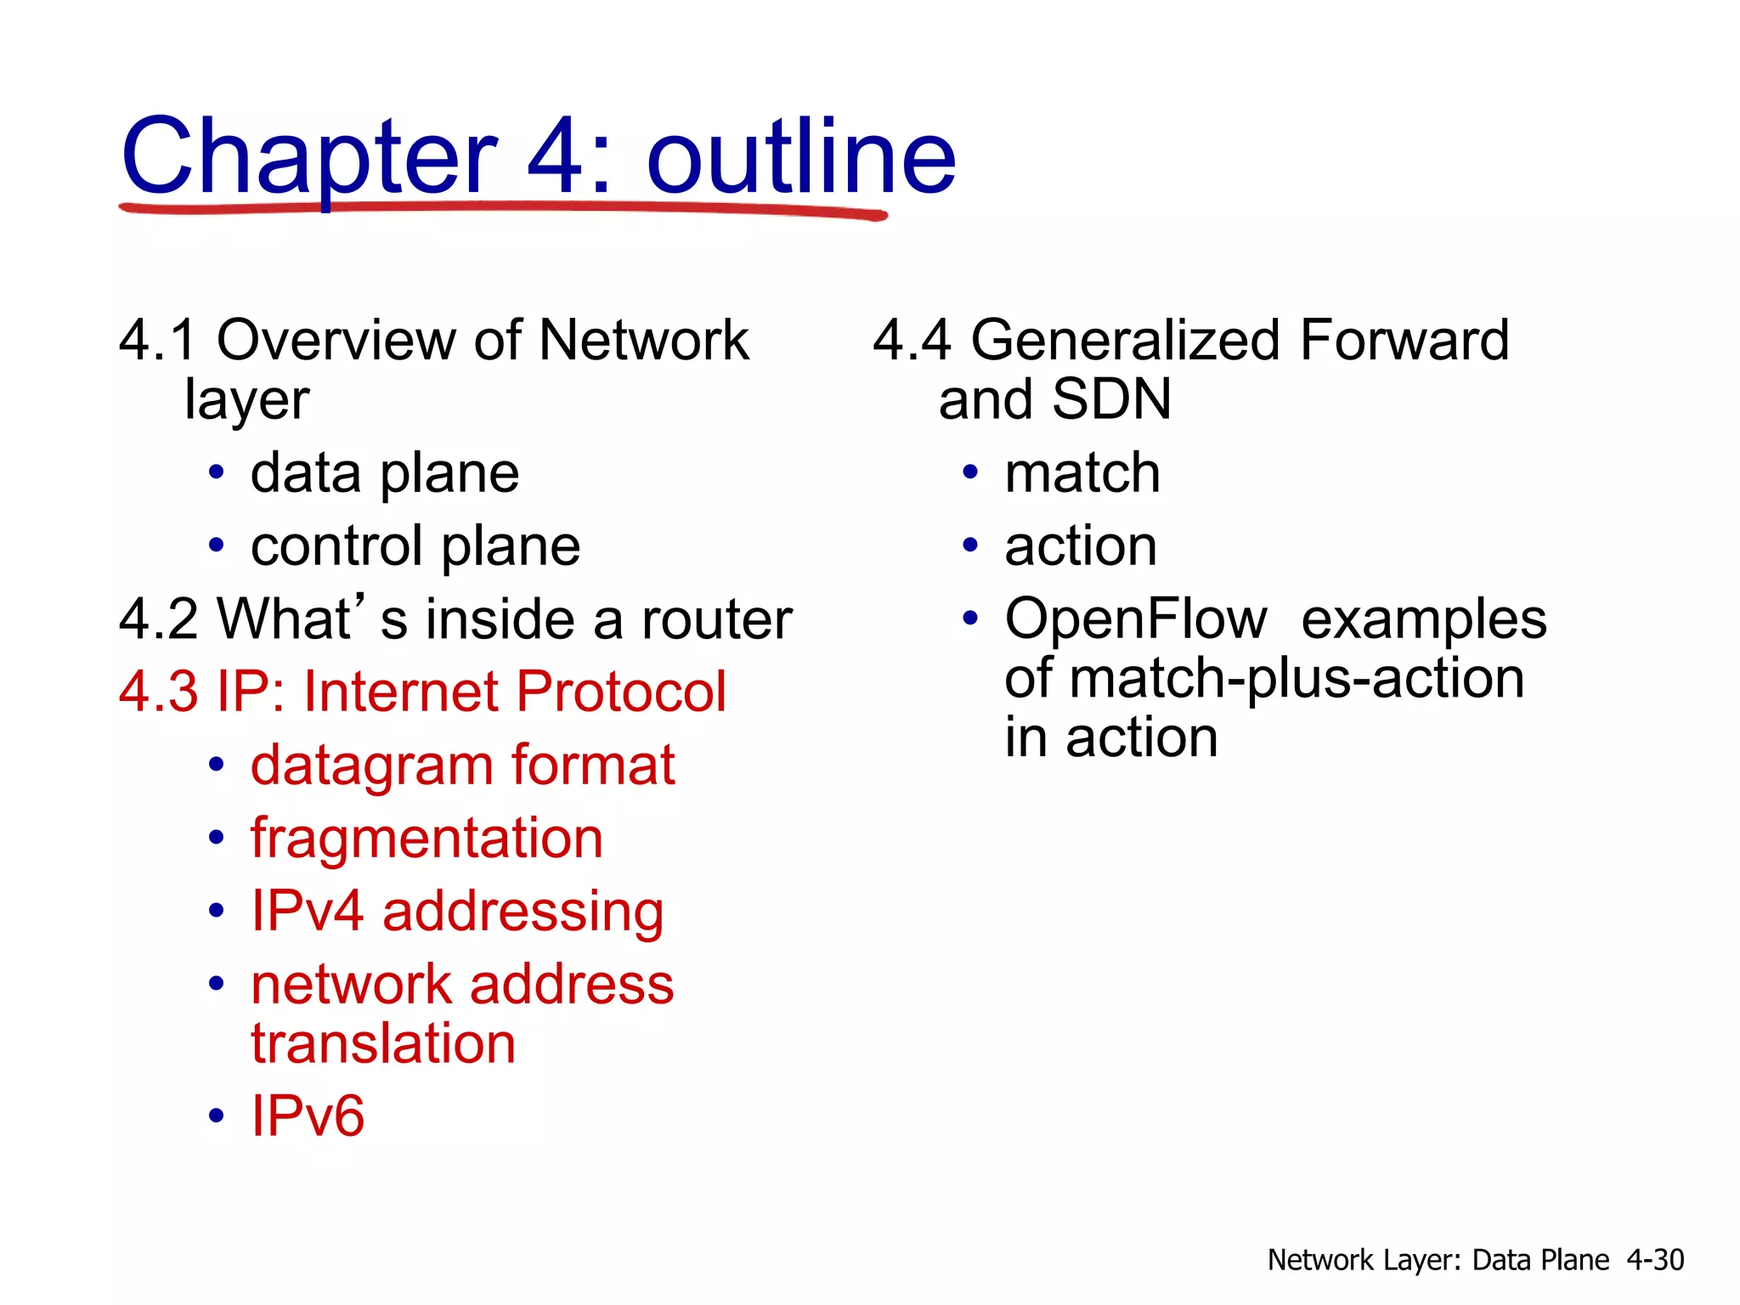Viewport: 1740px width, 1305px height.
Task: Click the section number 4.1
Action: [158, 341]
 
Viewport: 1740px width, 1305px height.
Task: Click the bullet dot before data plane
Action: [217, 472]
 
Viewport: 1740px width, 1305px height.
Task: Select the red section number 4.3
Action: [158, 692]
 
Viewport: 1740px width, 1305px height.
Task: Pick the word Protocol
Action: [620, 692]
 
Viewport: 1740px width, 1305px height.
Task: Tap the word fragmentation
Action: [427, 839]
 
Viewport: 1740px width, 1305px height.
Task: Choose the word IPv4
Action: [307, 912]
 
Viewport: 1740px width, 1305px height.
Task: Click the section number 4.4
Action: [912, 341]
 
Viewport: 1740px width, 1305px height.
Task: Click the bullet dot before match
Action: [970, 472]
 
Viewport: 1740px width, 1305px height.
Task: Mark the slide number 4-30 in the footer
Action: [1655, 1260]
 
